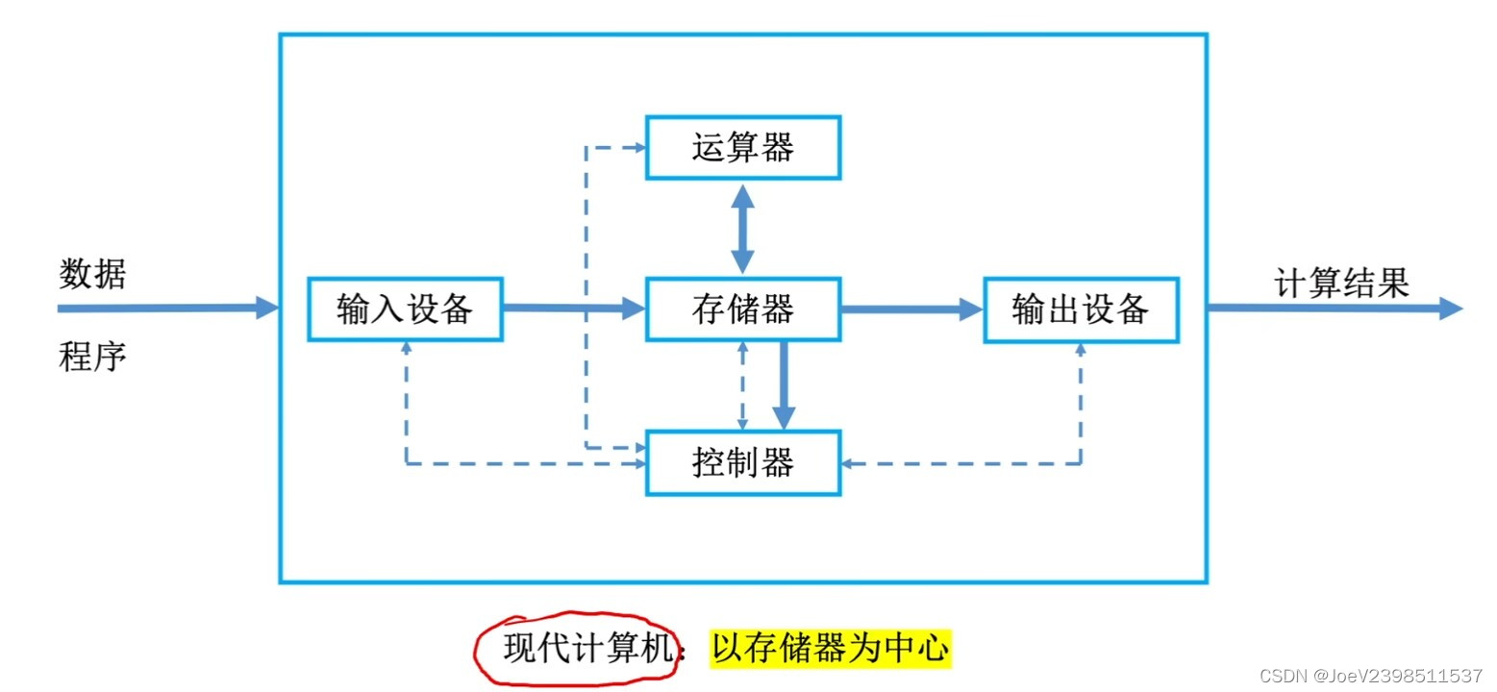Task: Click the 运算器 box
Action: tap(742, 148)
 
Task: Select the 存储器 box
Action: tap(742, 309)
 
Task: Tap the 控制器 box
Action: tap(742, 463)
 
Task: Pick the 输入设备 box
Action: tap(405, 309)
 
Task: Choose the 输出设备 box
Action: tap(1080, 309)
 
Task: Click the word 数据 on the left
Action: tap(92, 275)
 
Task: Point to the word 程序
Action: tap(92, 358)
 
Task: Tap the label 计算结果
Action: tap(1340, 283)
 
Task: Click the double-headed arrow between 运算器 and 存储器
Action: tap(742, 229)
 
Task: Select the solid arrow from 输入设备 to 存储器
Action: tap(573, 309)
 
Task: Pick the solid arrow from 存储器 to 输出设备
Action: tap(911, 309)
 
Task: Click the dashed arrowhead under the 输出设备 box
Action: tap(1080, 350)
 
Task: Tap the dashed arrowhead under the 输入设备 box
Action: tap(406, 350)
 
